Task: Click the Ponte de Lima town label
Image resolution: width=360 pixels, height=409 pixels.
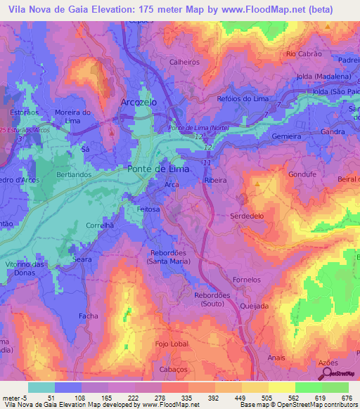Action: point(157,169)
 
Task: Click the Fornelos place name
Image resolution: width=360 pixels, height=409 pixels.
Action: point(246,280)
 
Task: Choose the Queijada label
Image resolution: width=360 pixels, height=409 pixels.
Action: point(254,306)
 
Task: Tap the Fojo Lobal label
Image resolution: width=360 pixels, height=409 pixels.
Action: point(172,344)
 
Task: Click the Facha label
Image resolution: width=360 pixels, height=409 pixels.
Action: point(89,316)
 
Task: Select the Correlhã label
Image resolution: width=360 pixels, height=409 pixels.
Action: point(99,227)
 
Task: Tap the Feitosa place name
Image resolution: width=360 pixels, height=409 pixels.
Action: point(148,209)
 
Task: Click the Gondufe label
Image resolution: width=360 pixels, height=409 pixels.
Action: point(303,174)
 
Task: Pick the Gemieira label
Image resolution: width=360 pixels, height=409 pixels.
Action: point(286,135)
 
